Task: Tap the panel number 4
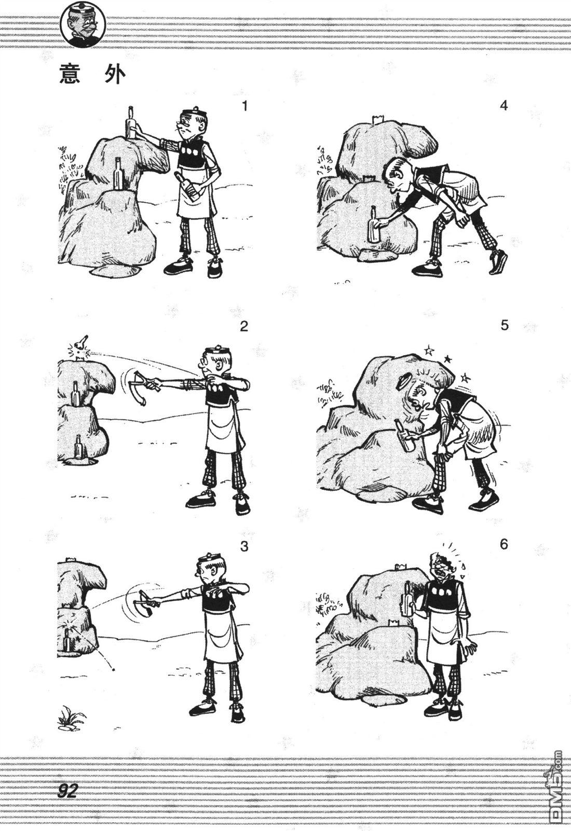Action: [x=504, y=106]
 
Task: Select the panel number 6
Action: [x=504, y=545]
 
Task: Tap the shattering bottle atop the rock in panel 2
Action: [x=79, y=348]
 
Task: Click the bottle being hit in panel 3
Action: [x=68, y=639]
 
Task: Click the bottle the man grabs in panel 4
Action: [x=373, y=224]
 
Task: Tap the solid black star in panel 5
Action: [x=448, y=359]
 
